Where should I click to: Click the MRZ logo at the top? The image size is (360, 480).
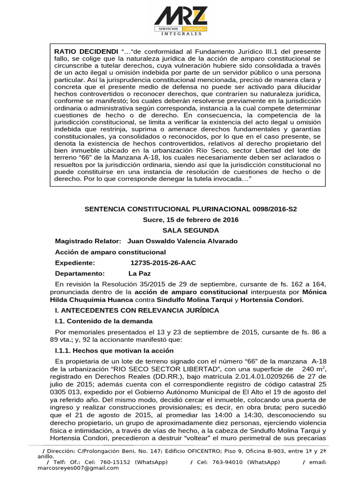tap(181, 21)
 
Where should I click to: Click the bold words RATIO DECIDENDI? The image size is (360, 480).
tap(87, 51)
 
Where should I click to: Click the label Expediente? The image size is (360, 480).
tap(75, 262)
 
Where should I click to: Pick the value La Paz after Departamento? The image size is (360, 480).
tap(138, 273)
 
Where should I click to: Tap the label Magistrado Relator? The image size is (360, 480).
tap(88, 241)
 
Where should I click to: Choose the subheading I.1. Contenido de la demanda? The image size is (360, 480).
tap(104, 321)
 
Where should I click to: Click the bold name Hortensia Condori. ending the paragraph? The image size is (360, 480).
tap(273, 300)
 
